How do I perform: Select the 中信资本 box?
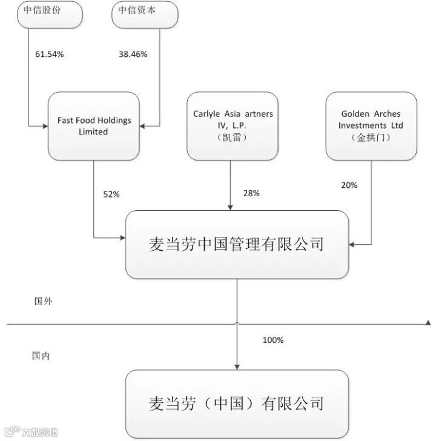pos(145,13)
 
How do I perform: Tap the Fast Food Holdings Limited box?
pos(94,125)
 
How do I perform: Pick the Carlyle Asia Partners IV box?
pos(233,125)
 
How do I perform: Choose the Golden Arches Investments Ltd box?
pos(371,125)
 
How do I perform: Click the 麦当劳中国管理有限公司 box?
pos(237,244)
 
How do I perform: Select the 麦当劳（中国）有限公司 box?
pos(237,403)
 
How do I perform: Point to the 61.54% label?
pos(50,54)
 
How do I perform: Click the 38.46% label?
pos(133,54)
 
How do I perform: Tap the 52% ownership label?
pos(111,194)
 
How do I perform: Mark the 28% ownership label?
pos(251,193)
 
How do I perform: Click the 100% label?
pos(273,340)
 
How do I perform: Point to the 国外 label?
pos(43,300)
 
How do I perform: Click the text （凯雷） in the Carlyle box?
pos(233,138)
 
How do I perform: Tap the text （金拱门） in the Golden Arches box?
pos(371,138)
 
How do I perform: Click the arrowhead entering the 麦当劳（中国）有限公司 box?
pos(237,366)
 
